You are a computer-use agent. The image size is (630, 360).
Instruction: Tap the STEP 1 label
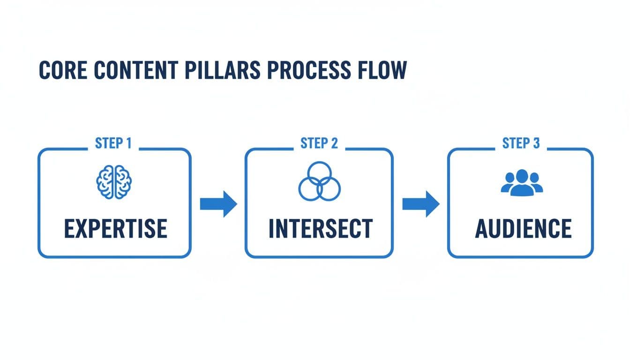click(113, 143)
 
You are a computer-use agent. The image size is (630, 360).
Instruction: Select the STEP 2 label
click(319, 143)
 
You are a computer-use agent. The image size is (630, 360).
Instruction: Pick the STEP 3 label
click(521, 143)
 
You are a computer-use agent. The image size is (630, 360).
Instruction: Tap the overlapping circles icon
click(319, 181)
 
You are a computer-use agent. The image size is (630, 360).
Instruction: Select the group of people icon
click(522, 182)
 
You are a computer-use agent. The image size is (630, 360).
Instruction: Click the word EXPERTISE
click(115, 228)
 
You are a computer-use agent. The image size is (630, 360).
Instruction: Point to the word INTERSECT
click(321, 228)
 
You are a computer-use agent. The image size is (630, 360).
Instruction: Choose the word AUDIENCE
click(523, 228)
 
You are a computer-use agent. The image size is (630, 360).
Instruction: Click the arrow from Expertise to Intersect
click(218, 204)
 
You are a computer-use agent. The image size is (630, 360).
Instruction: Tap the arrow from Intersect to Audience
click(420, 204)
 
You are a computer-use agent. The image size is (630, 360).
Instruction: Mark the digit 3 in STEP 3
click(536, 143)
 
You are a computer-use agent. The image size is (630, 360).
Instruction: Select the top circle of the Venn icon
click(319, 173)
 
